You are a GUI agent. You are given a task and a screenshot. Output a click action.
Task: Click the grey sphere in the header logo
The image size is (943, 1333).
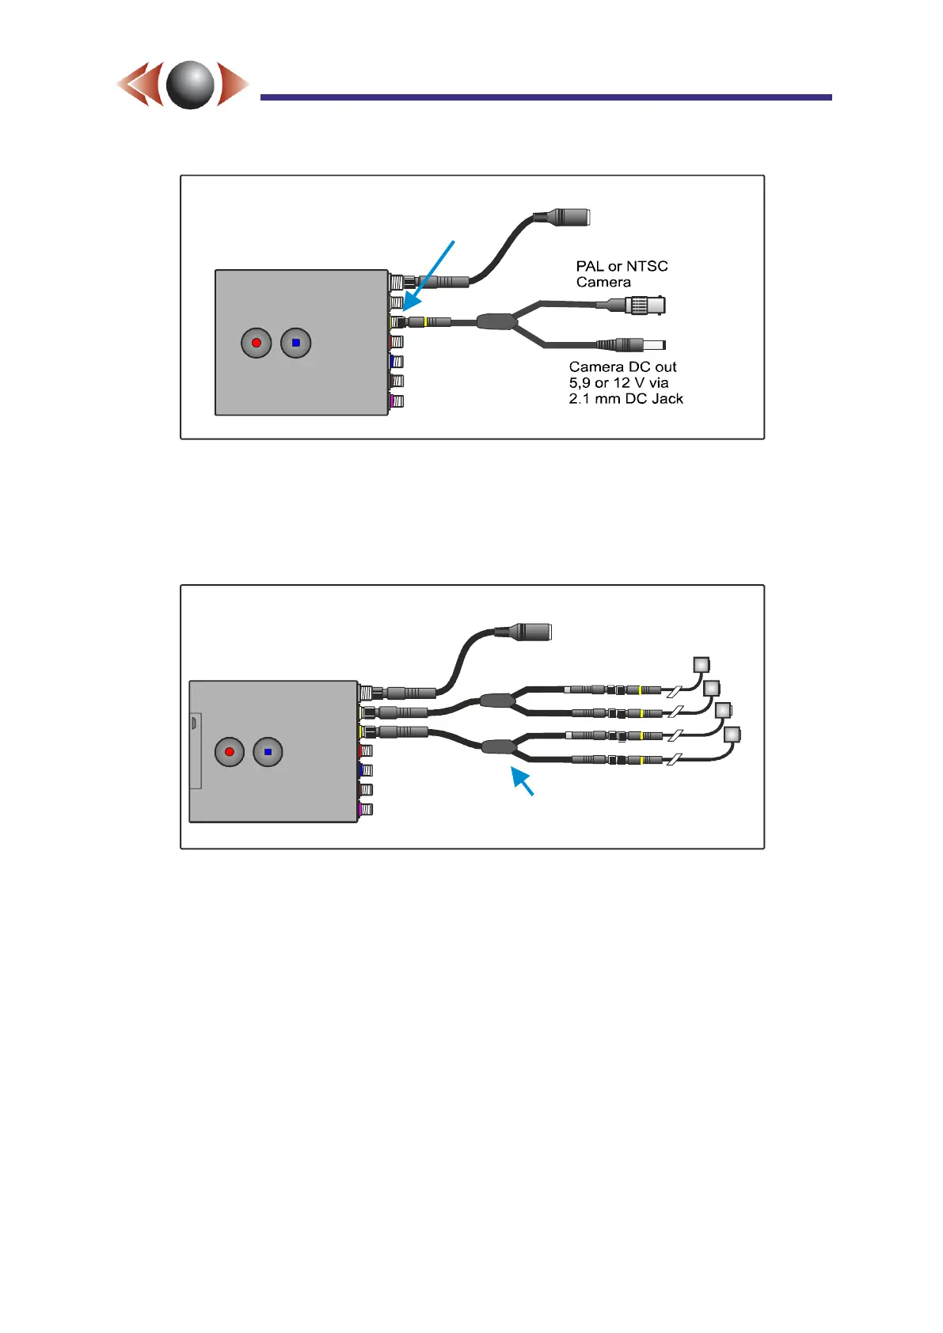click(190, 85)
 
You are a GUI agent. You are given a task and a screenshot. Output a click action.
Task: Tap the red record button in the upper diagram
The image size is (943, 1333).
click(256, 343)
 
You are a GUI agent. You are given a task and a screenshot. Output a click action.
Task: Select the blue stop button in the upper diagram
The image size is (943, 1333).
click(296, 343)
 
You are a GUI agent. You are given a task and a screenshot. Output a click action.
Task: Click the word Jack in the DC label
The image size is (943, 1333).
click(667, 399)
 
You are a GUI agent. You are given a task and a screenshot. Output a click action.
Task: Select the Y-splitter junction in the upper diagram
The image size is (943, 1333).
click(497, 321)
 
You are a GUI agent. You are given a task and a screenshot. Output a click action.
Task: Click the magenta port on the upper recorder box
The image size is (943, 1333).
click(396, 401)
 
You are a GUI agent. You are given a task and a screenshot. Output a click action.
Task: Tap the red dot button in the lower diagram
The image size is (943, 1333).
click(230, 752)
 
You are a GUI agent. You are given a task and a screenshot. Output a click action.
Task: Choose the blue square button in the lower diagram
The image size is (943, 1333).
click(268, 752)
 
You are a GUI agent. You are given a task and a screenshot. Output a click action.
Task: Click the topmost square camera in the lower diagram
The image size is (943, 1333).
click(702, 665)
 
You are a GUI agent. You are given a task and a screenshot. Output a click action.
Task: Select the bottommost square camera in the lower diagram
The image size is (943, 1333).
click(732, 735)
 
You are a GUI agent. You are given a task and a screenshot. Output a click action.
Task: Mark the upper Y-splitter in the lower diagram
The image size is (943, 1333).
click(497, 701)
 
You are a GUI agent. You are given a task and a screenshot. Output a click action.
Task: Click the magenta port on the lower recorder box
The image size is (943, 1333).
click(365, 810)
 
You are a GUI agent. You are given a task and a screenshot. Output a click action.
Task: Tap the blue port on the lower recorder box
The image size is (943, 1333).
click(365, 769)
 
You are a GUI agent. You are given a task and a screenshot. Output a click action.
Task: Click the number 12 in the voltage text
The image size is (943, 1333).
click(622, 383)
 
